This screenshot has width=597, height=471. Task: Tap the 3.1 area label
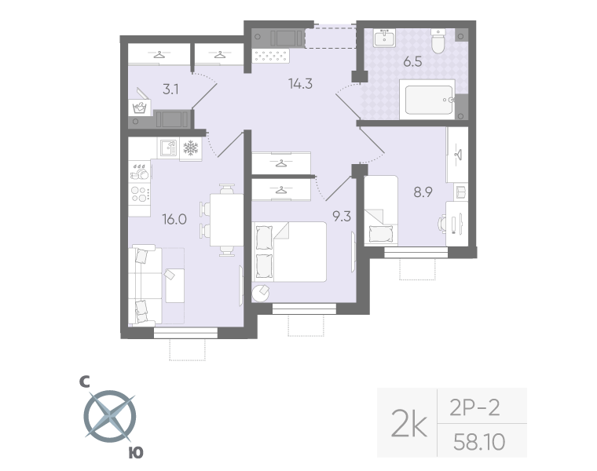click(x=170, y=89)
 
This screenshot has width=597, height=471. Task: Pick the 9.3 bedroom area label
click(x=342, y=217)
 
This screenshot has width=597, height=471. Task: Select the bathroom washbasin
click(x=386, y=38)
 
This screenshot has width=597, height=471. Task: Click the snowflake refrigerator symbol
click(x=190, y=148)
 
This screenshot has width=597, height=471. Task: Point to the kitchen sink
click(x=166, y=148)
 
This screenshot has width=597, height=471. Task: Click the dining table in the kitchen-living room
click(x=228, y=221)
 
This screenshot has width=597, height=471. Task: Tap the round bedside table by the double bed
click(x=260, y=292)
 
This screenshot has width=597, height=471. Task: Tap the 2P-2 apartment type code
click(x=474, y=407)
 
